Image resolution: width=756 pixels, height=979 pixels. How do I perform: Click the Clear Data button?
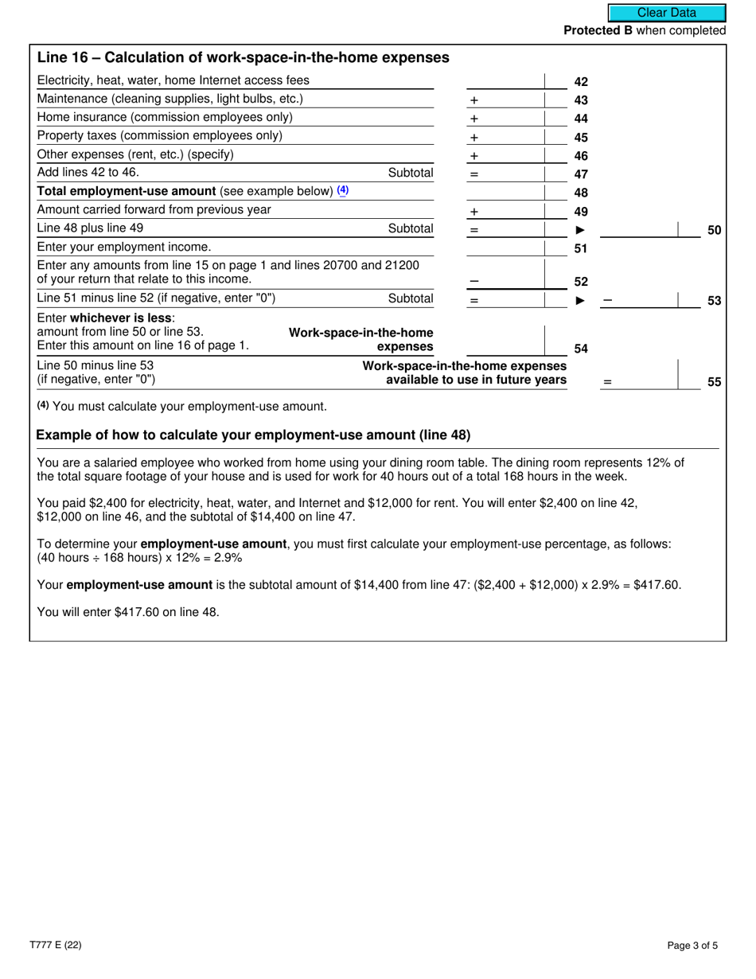667,13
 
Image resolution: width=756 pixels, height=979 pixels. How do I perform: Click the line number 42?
581,81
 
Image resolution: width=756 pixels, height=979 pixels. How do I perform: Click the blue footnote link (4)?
343,190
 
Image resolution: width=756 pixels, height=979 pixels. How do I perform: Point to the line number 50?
714,231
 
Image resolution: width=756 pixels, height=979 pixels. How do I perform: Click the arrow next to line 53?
580,300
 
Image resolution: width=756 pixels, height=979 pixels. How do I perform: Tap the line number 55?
714,382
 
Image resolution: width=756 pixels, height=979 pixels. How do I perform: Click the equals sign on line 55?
607,382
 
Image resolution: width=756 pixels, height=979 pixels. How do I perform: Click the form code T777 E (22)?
59,946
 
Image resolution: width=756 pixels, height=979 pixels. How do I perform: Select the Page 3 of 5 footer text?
692,946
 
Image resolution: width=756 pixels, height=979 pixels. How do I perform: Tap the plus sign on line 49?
473,213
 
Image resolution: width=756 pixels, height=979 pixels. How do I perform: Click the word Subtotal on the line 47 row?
411,173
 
